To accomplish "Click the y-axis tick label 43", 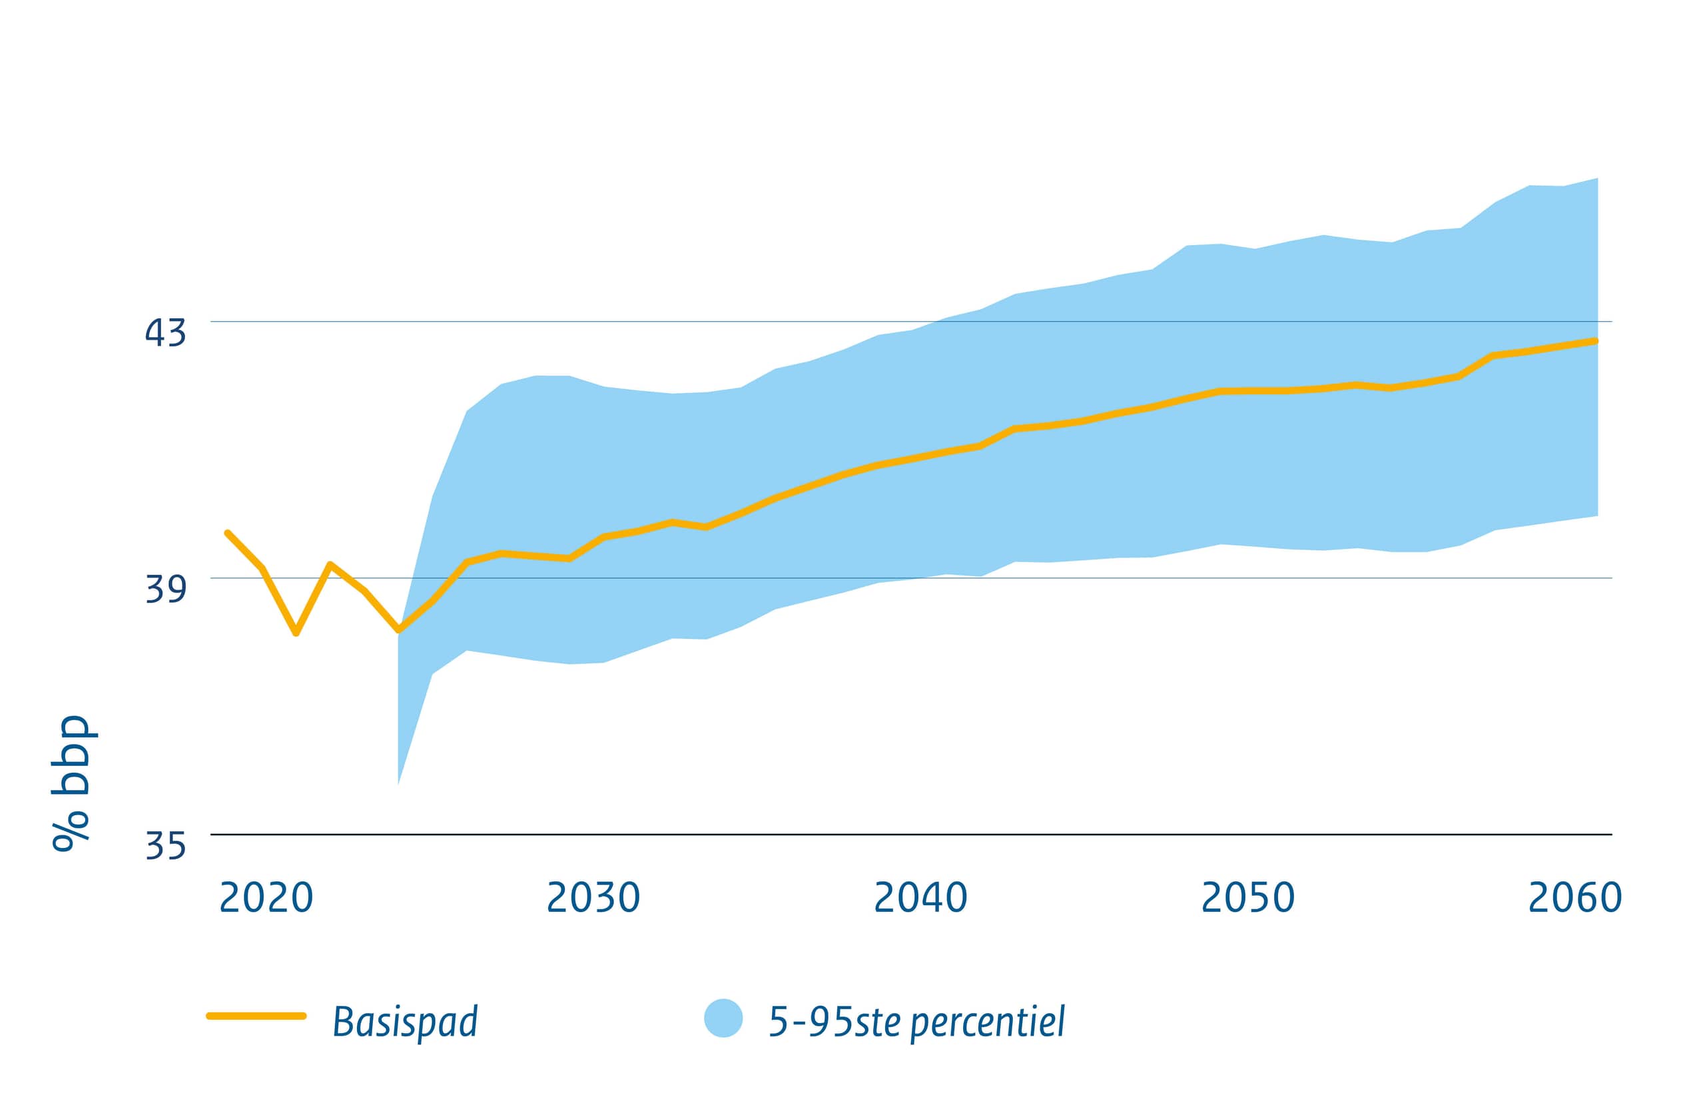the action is [165, 332].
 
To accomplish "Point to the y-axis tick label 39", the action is [165, 589].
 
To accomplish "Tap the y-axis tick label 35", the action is [165, 845].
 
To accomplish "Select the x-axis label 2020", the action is [266, 898].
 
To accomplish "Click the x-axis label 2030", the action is [593, 898].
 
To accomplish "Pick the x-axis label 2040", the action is [920, 898].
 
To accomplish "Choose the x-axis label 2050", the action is [1248, 898].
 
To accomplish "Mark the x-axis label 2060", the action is [1575, 898].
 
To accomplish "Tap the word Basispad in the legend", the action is [405, 1022].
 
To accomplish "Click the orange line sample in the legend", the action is [256, 1016].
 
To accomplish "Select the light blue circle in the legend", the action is [723, 1018].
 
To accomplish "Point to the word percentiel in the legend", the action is [988, 1022].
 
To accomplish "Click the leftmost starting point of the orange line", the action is [227, 533].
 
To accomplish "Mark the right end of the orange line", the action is [1595, 341].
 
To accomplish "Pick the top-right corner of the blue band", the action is [1598, 179].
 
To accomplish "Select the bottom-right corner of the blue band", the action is [1598, 515].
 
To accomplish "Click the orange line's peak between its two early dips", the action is [330, 565].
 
